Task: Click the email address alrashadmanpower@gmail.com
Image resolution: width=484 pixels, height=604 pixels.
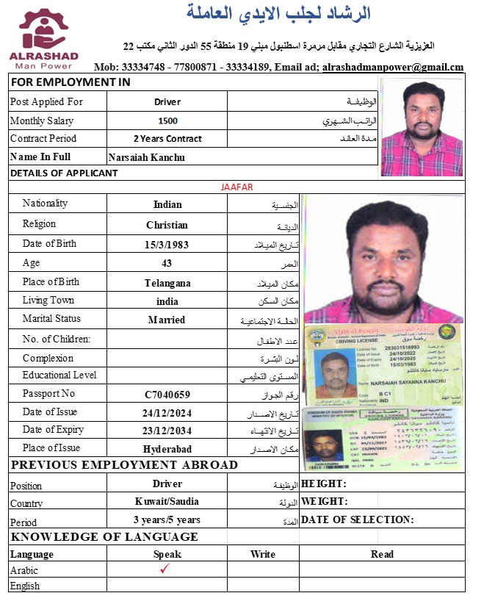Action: pos(393,67)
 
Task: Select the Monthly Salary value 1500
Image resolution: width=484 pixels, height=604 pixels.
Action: pos(167,121)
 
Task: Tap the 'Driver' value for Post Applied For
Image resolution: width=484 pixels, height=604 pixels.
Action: pos(167,102)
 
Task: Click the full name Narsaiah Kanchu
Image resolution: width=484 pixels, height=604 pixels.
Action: pos(146,157)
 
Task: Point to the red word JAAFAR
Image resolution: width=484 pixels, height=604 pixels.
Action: pos(236,187)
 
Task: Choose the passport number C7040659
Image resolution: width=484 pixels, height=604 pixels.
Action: pos(167,395)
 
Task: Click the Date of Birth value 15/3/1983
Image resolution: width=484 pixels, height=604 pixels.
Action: pos(167,244)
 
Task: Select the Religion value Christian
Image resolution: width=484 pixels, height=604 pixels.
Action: pos(167,225)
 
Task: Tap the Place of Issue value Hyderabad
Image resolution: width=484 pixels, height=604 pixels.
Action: pos(167,449)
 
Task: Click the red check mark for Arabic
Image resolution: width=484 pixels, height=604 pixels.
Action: pos(165,569)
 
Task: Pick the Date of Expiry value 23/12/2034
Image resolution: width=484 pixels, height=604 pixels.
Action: pos(167,431)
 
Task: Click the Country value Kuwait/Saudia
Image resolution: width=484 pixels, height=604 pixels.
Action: pos(167,502)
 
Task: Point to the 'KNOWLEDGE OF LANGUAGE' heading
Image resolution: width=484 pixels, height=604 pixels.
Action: pos(104,537)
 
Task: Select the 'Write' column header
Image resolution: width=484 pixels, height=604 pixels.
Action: pos(263,554)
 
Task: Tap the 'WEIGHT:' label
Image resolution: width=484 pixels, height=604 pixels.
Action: pos(324,502)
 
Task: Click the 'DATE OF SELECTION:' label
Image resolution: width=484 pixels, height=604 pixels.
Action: pos(358,520)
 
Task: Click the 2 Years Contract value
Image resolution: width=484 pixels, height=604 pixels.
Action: pos(167,139)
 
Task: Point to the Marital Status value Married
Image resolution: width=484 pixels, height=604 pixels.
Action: pos(167,320)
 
